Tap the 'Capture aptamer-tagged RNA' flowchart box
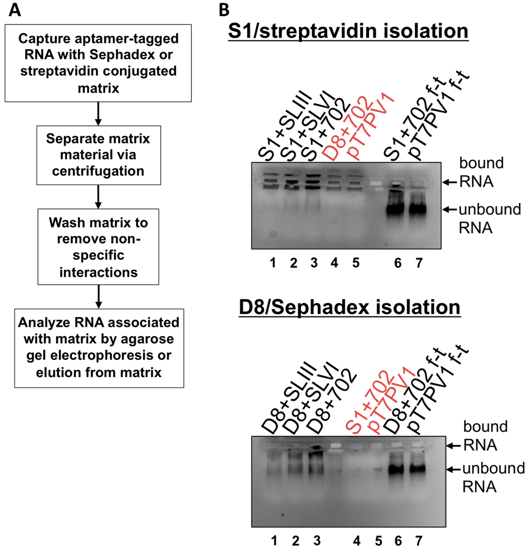click(98, 63)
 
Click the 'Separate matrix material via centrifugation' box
click(99, 155)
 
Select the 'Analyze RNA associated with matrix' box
click(99, 348)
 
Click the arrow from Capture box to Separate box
click(98, 114)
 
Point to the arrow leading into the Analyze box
click(99, 297)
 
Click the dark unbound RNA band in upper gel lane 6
click(395, 210)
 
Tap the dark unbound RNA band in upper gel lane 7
click(418, 210)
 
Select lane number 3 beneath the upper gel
click(314, 263)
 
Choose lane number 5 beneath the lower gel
click(379, 541)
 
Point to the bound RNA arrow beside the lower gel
click(454, 446)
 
